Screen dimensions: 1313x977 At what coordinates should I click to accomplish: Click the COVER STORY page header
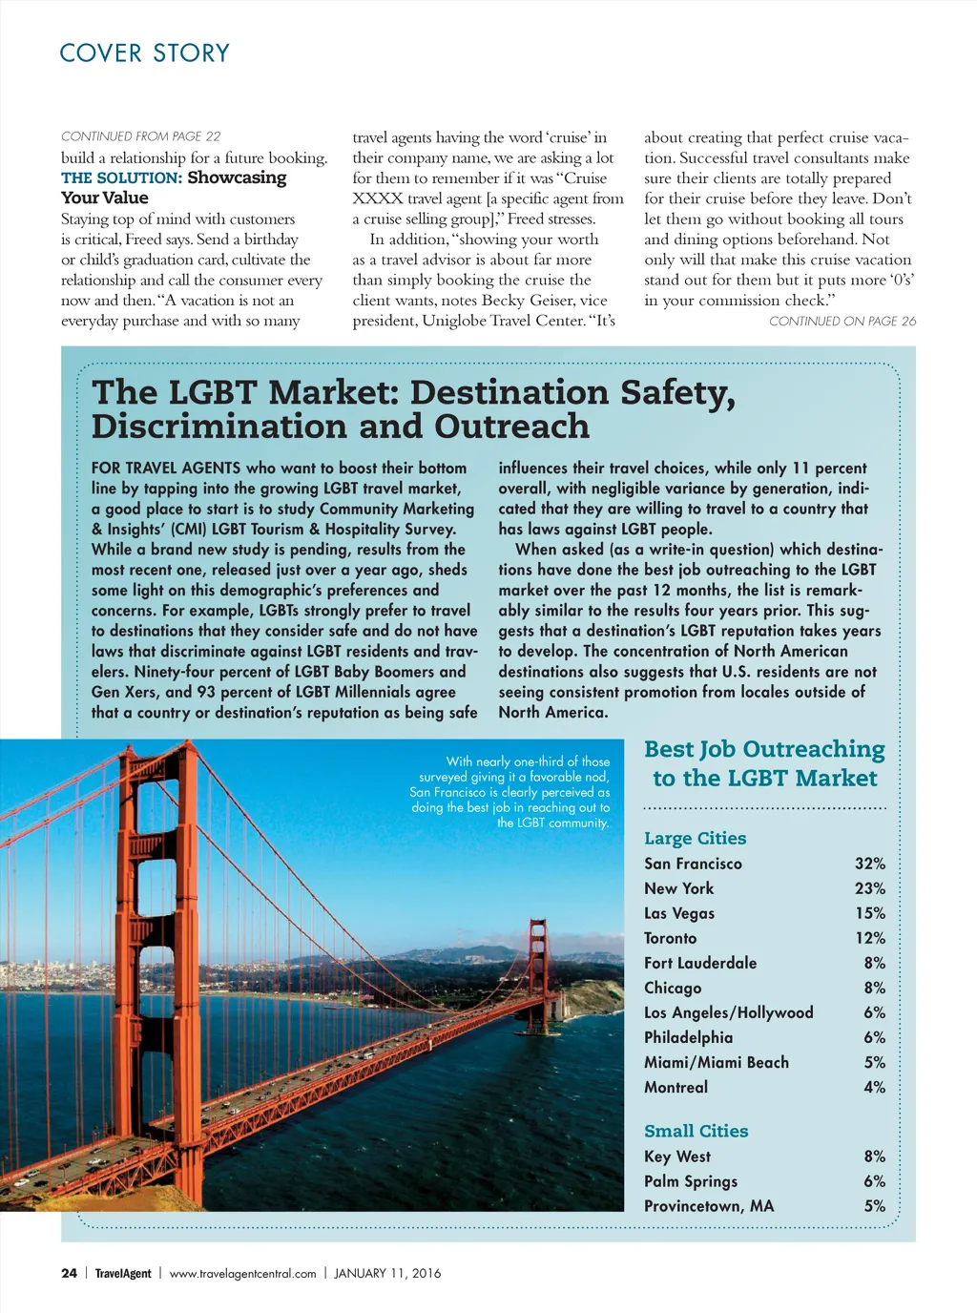(144, 53)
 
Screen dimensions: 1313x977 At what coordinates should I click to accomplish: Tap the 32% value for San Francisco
(869, 864)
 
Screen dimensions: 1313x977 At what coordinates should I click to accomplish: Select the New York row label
(678, 888)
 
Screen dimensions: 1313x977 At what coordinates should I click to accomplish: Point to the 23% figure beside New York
(869, 888)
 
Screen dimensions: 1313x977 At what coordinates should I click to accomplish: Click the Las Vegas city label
(678, 913)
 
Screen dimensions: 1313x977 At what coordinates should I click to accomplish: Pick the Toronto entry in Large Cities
(670, 938)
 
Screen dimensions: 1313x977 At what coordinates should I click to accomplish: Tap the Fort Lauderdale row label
(699, 963)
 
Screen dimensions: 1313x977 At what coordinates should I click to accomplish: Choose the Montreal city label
(676, 1087)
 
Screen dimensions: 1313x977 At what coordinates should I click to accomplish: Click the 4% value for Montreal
(874, 1087)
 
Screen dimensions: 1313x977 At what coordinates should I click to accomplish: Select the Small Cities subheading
(696, 1131)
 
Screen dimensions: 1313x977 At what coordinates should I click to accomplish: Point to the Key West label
(676, 1157)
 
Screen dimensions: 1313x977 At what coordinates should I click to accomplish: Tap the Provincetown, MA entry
(708, 1206)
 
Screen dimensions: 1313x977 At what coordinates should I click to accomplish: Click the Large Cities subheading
(695, 838)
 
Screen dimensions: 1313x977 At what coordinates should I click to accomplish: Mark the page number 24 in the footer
(69, 1273)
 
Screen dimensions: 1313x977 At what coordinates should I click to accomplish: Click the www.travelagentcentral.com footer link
(242, 1273)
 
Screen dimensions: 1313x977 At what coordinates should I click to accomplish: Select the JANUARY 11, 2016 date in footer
(387, 1273)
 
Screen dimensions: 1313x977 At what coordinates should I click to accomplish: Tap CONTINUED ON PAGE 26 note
(842, 322)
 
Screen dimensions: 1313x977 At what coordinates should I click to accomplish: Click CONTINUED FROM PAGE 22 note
(140, 136)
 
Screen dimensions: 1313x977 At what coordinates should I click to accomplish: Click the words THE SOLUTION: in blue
(121, 177)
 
